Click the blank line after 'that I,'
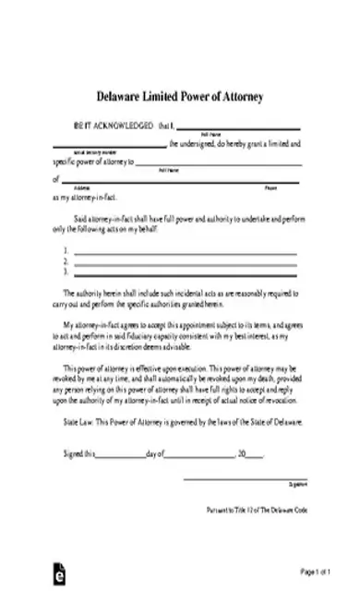click(x=238, y=127)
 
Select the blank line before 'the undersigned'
click(x=109, y=146)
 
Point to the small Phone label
click(x=270, y=188)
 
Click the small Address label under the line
click(x=68, y=188)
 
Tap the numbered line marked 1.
click(x=185, y=253)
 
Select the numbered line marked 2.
click(x=185, y=263)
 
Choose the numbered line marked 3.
click(x=185, y=273)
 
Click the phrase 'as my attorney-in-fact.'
click(x=87, y=198)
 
